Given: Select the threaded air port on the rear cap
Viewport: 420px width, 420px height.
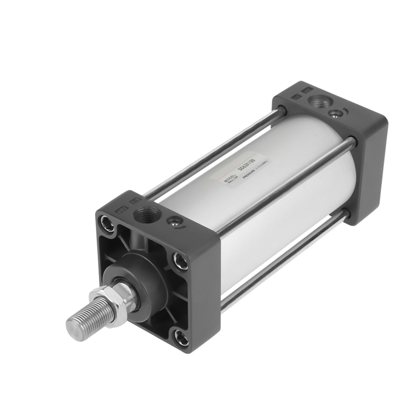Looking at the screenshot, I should coord(317,102).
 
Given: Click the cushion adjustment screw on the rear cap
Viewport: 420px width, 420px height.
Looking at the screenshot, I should coord(334,114).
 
